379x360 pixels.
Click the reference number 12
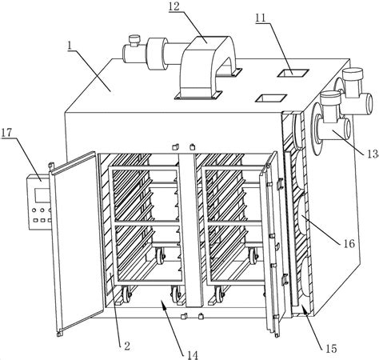(174, 6)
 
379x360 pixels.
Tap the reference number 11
(261, 18)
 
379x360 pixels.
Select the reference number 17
(6, 132)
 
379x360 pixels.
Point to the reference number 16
(349, 243)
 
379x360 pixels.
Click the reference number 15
(331, 349)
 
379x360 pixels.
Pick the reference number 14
(193, 355)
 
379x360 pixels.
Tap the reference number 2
(127, 346)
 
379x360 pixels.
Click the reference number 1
(70, 46)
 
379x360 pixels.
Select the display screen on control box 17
(42, 194)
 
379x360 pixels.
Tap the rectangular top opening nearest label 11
(293, 73)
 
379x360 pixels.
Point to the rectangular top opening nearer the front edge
(271, 98)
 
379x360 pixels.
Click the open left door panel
(76, 242)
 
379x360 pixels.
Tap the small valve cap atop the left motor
(134, 40)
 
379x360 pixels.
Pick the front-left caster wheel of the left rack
(126, 294)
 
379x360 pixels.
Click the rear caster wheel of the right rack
(253, 255)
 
